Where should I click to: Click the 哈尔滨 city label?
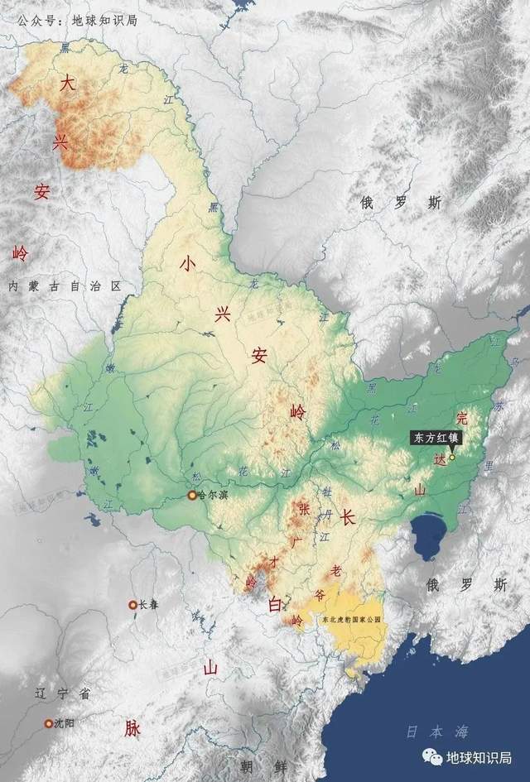(212, 496)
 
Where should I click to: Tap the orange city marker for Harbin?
(192, 496)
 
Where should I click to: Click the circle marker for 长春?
(132, 605)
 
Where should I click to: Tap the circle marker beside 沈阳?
(48, 723)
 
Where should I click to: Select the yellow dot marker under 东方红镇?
(452, 457)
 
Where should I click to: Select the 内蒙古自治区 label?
(64, 286)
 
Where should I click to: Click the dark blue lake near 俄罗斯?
(430, 536)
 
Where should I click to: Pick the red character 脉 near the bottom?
(132, 728)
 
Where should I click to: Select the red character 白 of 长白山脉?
(275, 606)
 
